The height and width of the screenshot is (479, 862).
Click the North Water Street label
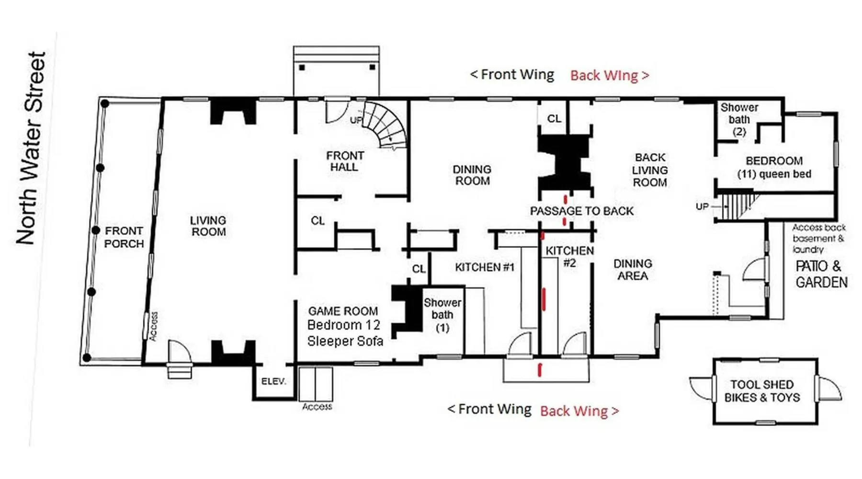31,148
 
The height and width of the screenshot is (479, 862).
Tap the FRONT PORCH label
124,237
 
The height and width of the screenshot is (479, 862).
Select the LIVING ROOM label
208,226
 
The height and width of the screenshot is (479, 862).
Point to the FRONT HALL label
345,161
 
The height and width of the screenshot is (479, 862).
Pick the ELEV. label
274,381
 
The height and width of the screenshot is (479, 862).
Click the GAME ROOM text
343,311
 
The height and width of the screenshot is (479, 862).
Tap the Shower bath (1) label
442,315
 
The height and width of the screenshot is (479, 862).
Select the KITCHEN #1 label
485,267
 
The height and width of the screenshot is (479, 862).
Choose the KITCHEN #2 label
569,256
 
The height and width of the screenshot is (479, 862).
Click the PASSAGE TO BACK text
582,211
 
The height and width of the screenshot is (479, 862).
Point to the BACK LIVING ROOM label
650,170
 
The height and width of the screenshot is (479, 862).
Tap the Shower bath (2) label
739,120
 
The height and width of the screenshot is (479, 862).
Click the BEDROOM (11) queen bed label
774,167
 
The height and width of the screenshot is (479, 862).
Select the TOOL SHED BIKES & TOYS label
762,391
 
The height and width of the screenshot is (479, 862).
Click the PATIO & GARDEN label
821,274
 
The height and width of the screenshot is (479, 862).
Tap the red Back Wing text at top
610,75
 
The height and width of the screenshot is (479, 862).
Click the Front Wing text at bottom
489,409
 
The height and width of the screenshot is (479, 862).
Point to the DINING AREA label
633,270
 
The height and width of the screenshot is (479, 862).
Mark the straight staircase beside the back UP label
737,206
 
